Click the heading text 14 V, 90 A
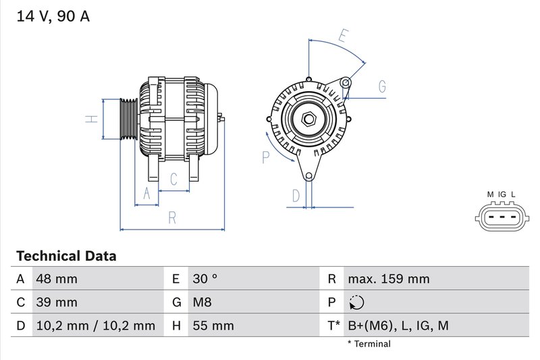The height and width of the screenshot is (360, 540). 53,16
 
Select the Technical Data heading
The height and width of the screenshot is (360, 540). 66,256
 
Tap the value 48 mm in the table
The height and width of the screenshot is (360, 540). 57,279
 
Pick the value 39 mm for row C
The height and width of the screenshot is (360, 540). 57,302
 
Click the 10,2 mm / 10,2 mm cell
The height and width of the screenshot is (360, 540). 96,326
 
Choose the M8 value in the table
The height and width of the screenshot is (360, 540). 203,302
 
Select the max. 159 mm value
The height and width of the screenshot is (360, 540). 388,279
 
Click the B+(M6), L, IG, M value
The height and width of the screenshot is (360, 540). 398,326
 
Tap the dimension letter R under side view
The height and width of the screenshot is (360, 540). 172,217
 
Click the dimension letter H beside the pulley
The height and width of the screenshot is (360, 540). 93,120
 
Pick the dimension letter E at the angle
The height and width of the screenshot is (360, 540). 343,36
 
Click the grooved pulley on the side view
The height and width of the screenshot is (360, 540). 128,120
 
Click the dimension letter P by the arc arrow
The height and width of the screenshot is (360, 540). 266,157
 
